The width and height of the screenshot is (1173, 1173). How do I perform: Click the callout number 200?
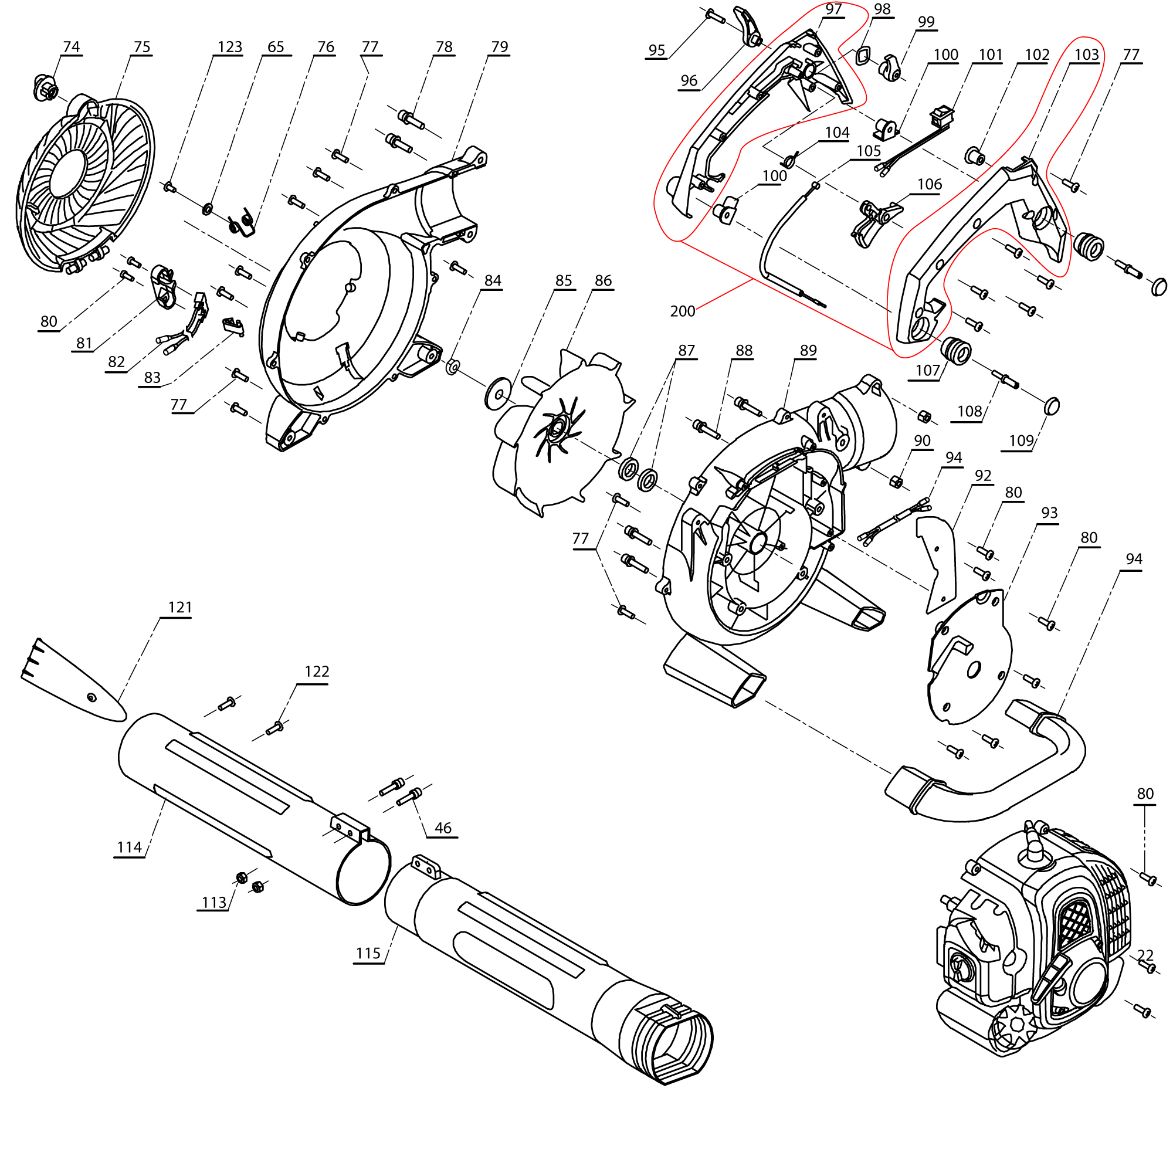[x=682, y=311]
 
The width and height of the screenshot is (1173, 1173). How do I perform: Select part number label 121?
[x=179, y=607]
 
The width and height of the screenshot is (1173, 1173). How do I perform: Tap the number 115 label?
[x=368, y=954]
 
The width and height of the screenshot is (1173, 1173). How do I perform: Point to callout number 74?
[x=71, y=47]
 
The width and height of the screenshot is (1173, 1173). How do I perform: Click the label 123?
[x=229, y=47]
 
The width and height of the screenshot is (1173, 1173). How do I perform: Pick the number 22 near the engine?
[x=1144, y=955]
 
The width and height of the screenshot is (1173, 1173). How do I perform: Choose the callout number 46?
[x=443, y=828]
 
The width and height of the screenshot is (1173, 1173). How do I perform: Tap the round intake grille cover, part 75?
[x=85, y=182]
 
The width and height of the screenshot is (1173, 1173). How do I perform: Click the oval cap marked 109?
[x=1053, y=406]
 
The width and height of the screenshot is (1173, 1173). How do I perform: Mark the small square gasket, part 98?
[x=862, y=56]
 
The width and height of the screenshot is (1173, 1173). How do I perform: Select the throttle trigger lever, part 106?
[x=874, y=222]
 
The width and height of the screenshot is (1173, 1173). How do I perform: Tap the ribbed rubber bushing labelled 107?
[x=955, y=350]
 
